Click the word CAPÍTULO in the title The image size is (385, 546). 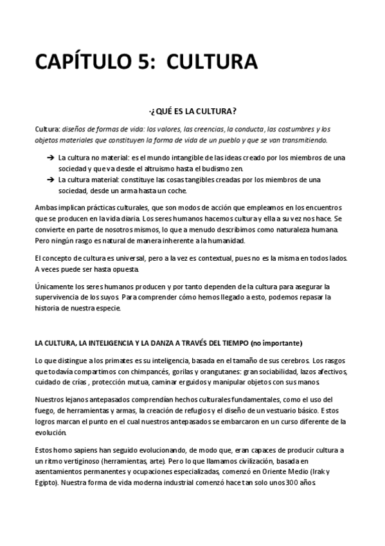click(85, 62)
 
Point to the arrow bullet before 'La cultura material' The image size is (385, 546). click(50, 179)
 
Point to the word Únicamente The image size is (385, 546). click(55, 286)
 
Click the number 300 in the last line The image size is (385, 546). click(291, 482)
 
